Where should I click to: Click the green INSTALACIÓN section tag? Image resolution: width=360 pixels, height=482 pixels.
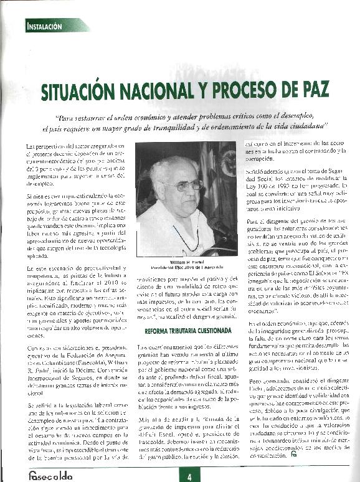click(45, 26)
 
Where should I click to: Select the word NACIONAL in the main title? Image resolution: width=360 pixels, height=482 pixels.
click(165, 91)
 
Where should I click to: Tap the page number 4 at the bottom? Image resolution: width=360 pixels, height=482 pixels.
click(189, 476)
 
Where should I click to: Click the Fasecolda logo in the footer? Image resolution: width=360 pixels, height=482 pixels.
click(50, 475)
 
